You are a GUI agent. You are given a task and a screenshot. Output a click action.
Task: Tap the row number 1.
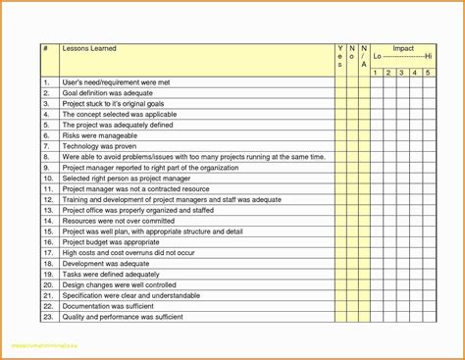tap(45, 81)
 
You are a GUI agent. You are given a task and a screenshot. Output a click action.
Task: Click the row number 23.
tap(46, 317)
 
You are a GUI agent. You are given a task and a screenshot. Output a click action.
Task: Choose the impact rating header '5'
tap(428, 72)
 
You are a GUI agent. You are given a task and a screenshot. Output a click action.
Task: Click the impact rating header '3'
tap(402, 72)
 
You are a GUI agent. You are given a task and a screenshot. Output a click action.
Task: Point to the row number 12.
tap(46, 199)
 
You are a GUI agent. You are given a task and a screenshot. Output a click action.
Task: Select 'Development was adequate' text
tap(106, 263)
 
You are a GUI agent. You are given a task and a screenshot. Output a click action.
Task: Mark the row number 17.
tap(46, 252)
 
